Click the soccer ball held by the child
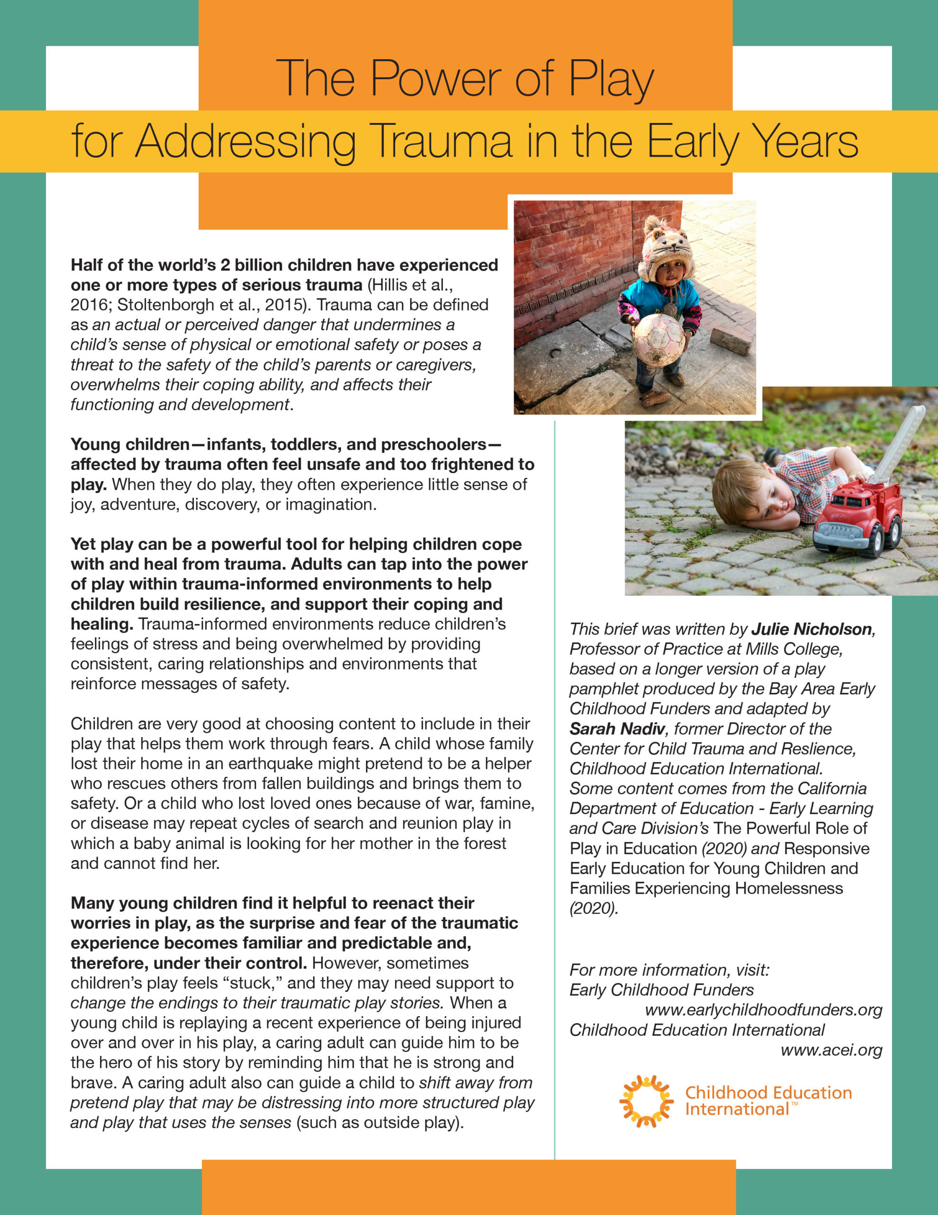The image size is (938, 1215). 659,340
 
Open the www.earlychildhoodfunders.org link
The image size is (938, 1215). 763,1009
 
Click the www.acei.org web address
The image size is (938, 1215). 831,1050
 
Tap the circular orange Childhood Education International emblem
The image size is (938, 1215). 646,1101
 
